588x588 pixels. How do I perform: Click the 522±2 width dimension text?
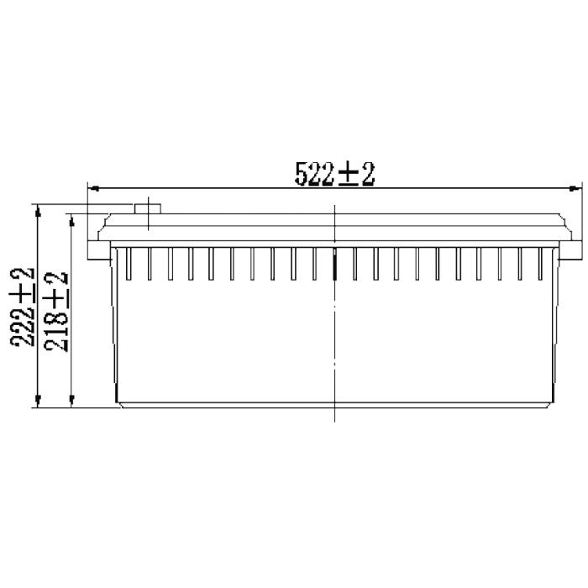pos(335,174)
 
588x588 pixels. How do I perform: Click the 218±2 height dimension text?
pos(56,312)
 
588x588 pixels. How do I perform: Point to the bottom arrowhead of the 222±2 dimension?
pos(38,401)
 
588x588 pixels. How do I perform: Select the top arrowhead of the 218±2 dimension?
pos(72,220)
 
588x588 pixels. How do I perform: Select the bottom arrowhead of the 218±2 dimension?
pos(72,401)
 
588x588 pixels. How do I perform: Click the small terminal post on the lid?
pos(148,209)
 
